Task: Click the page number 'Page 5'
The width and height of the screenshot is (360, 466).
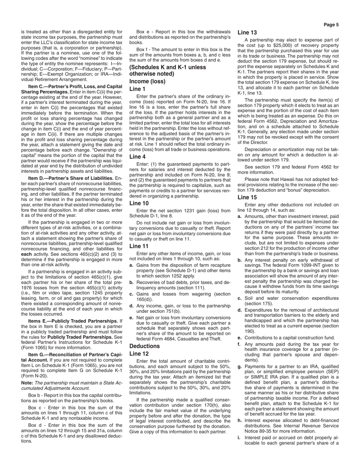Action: click(331, 25)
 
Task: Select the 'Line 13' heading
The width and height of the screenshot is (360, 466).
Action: click(247, 33)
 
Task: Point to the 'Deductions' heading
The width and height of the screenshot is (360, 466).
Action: click(144, 346)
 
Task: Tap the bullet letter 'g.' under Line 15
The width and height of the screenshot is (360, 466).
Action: click(239, 367)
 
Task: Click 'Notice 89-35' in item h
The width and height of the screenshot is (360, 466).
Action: click(260, 431)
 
